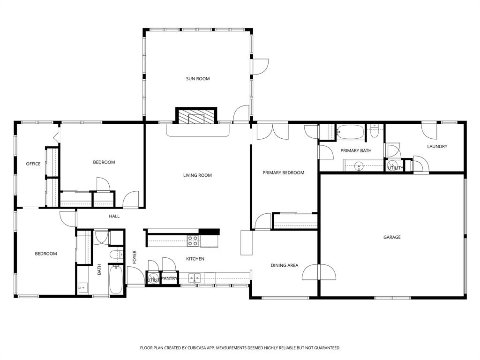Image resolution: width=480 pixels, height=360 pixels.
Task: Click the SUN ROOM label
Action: (197, 79)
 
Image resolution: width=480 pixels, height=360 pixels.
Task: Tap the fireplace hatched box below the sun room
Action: (196, 116)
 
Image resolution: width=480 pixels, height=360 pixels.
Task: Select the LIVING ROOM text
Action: (197, 175)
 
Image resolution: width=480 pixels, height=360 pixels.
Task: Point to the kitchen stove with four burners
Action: (193, 241)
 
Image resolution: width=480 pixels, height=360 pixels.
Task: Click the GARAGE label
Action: (392, 237)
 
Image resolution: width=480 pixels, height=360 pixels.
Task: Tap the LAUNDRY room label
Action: (437, 147)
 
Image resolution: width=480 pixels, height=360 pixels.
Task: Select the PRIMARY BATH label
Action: (356, 150)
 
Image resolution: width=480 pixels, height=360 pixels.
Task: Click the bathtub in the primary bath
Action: (350, 133)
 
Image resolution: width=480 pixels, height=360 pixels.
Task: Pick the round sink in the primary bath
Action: (359, 165)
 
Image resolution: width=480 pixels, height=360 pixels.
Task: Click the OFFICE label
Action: (33, 164)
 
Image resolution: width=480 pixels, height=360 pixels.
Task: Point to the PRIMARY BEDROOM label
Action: (283, 172)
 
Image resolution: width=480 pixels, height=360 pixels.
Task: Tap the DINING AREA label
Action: (285, 265)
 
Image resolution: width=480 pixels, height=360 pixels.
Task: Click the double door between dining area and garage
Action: (319, 272)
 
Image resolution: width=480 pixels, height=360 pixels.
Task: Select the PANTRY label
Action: (169, 279)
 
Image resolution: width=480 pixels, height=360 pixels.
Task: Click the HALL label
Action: (114, 216)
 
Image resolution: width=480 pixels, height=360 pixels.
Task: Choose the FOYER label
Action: (135, 257)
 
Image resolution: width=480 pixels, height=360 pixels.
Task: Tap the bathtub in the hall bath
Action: (116, 280)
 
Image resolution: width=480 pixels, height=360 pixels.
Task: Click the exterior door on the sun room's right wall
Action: (259, 67)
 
